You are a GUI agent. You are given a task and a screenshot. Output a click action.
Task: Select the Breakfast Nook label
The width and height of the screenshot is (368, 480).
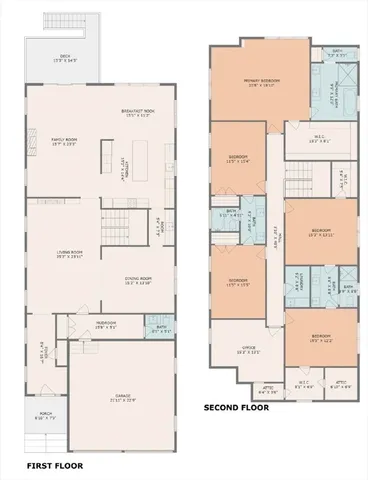tap(136, 113)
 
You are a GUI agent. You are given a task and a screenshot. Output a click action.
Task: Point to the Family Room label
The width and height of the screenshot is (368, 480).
tap(49, 141)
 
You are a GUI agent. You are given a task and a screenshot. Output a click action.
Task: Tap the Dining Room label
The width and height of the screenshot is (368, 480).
tap(137, 281)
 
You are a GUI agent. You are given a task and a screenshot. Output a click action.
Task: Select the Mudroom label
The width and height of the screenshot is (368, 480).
tap(106, 324)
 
